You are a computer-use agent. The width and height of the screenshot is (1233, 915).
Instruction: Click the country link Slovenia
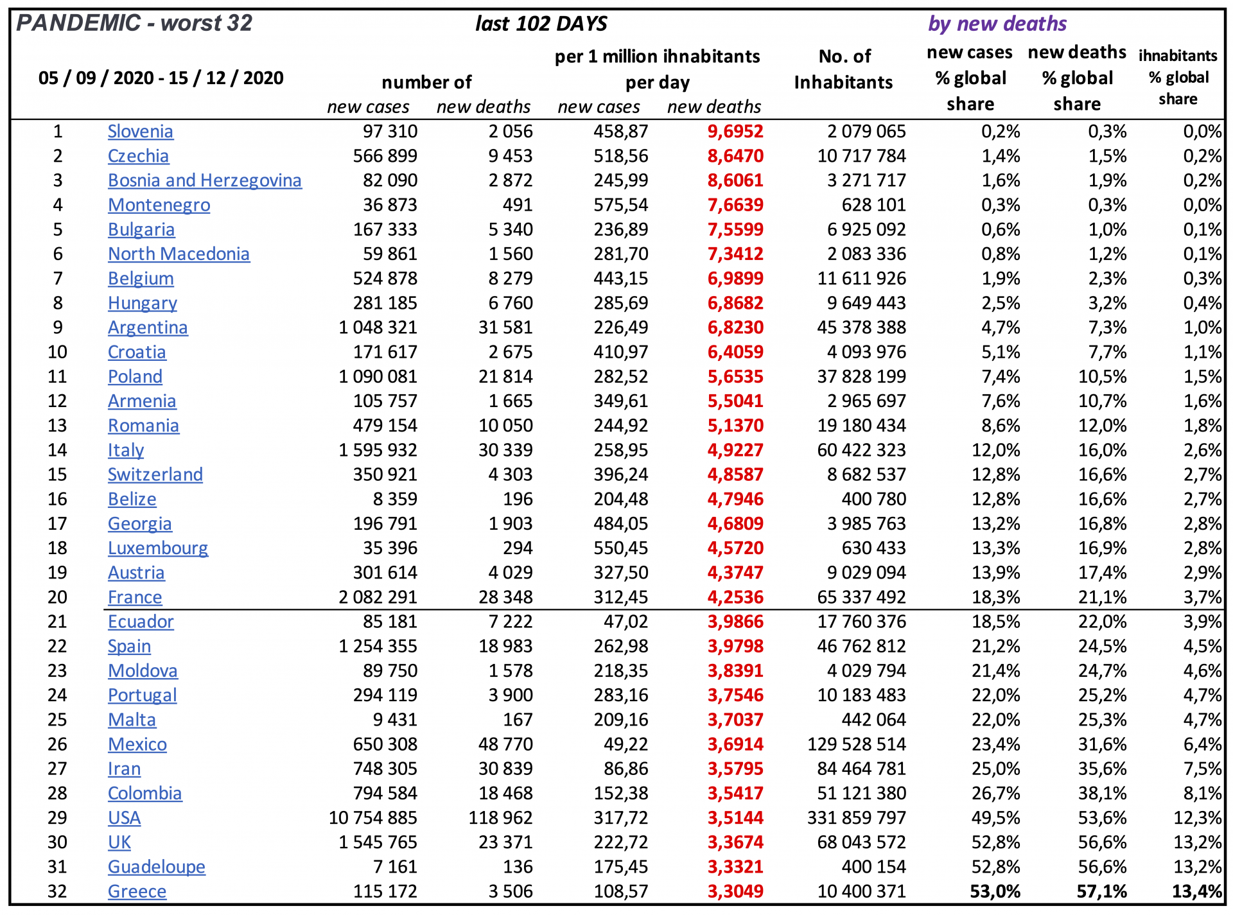click(140, 132)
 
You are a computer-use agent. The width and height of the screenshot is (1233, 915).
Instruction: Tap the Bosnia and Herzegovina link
click(204, 180)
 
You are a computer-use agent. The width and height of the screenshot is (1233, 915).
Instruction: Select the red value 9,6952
click(735, 132)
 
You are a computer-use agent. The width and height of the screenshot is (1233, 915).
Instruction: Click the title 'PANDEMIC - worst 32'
click(134, 23)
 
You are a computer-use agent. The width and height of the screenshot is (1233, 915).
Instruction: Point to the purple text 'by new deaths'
click(997, 24)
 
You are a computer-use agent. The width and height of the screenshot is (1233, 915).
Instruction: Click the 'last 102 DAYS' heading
click(541, 24)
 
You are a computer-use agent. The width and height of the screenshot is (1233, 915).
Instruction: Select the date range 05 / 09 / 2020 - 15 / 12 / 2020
click(161, 78)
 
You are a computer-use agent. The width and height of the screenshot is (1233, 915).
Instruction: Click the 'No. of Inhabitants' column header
click(843, 69)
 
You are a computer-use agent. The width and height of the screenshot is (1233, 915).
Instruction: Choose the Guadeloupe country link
click(156, 867)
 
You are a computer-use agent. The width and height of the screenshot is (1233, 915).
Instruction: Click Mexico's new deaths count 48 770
click(505, 744)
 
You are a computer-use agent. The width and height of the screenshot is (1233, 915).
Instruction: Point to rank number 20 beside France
click(57, 597)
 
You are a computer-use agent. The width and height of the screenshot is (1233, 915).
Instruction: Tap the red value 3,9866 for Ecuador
click(735, 622)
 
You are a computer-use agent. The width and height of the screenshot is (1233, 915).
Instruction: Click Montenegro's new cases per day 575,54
click(620, 205)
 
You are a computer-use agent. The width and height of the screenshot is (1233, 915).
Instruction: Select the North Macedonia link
click(179, 254)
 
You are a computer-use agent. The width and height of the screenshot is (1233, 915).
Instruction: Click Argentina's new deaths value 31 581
click(505, 327)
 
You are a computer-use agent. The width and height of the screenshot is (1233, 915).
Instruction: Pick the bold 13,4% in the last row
click(1196, 891)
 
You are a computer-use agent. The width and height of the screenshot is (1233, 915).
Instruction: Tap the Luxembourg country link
click(157, 548)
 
